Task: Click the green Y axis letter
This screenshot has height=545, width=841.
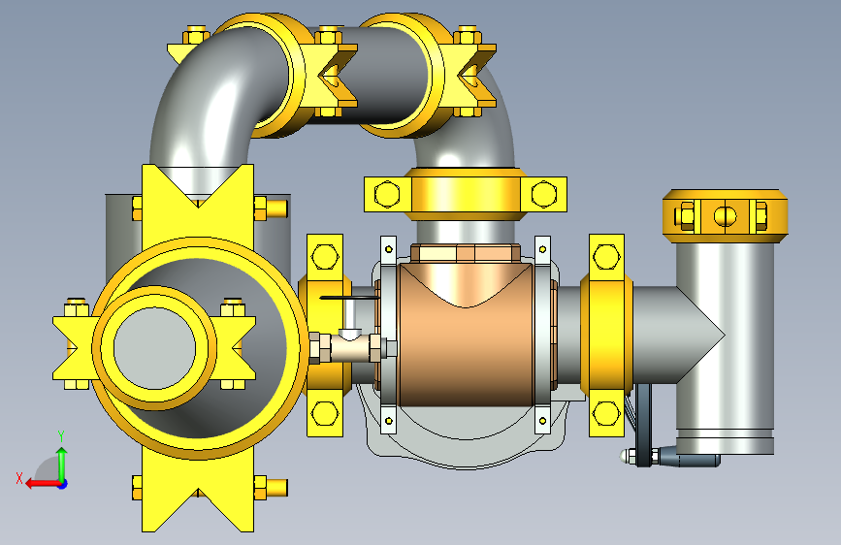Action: click(x=61, y=435)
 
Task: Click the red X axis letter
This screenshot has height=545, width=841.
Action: click(x=19, y=478)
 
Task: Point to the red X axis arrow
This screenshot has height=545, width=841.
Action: click(x=43, y=484)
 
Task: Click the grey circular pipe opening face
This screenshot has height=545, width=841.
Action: click(x=154, y=348)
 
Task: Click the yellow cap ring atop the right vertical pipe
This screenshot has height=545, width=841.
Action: click(x=726, y=215)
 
